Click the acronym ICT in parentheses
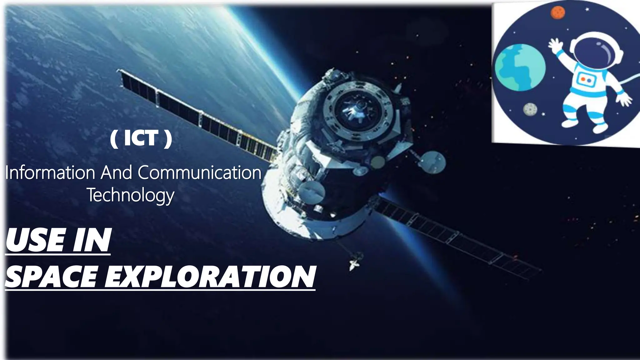[141, 138]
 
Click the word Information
[50, 173]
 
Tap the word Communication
[199, 173]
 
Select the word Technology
[130, 195]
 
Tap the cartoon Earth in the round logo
[520, 67]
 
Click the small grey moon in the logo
[530, 109]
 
